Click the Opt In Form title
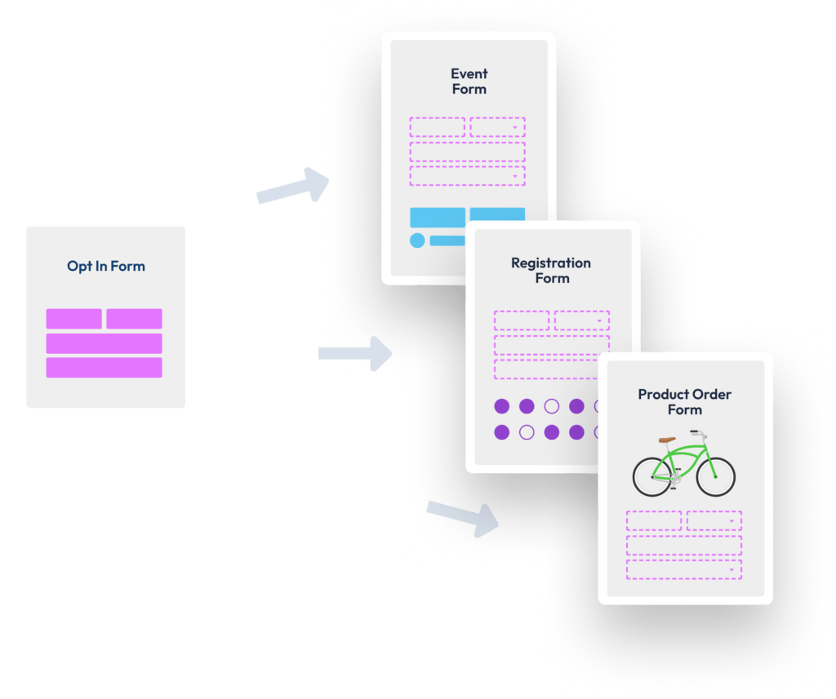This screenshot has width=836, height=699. coord(106,266)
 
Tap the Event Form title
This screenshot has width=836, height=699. coord(469,81)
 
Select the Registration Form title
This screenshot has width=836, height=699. coord(551,270)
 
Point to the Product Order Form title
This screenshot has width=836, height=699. coord(685,402)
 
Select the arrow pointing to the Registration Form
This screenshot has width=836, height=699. coord(355,353)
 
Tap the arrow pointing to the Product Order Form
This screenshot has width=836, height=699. coord(463,517)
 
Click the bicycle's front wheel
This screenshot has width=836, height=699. coord(715,476)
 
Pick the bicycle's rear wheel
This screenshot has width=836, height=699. coord(653,476)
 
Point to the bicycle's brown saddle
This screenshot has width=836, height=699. coord(667,440)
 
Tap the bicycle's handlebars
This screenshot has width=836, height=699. coord(699,434)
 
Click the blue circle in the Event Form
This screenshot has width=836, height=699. coord(417,241)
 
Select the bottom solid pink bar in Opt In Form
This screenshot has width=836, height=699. coord(104,368)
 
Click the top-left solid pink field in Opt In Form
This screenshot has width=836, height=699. coord(73,319)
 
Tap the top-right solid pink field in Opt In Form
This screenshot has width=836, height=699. coord(135,319)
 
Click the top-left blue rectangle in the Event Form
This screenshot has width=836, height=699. coord(438,218)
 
